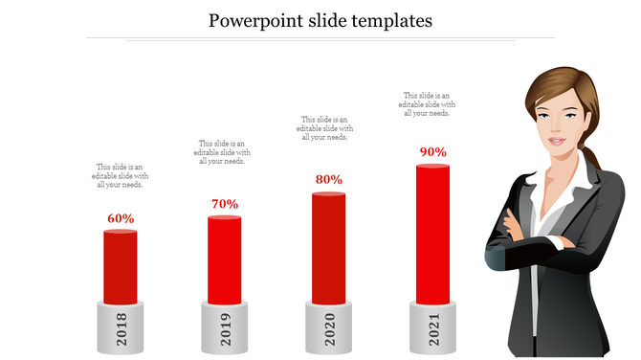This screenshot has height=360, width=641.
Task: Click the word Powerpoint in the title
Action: tap(252, 20)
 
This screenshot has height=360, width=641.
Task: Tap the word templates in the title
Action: tap(385, 20)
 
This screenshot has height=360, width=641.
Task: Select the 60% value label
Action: tap(121, 218)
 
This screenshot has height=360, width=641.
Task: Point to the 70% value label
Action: tap(225, 203)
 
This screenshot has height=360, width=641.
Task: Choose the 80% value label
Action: tap(329, 179)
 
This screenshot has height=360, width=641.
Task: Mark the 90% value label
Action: tap(432, 152)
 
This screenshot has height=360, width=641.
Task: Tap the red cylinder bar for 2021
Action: tap(432, 235)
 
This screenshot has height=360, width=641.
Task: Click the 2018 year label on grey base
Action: tap(121, 329)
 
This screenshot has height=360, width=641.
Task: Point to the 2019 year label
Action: tap(225, 329)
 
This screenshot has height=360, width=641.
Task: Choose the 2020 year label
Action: tap(329, 329)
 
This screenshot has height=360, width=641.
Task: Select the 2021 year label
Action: tap(432, 329)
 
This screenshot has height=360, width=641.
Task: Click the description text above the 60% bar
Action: tap(121, 176)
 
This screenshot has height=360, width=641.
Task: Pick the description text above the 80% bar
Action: tap(325, 128)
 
